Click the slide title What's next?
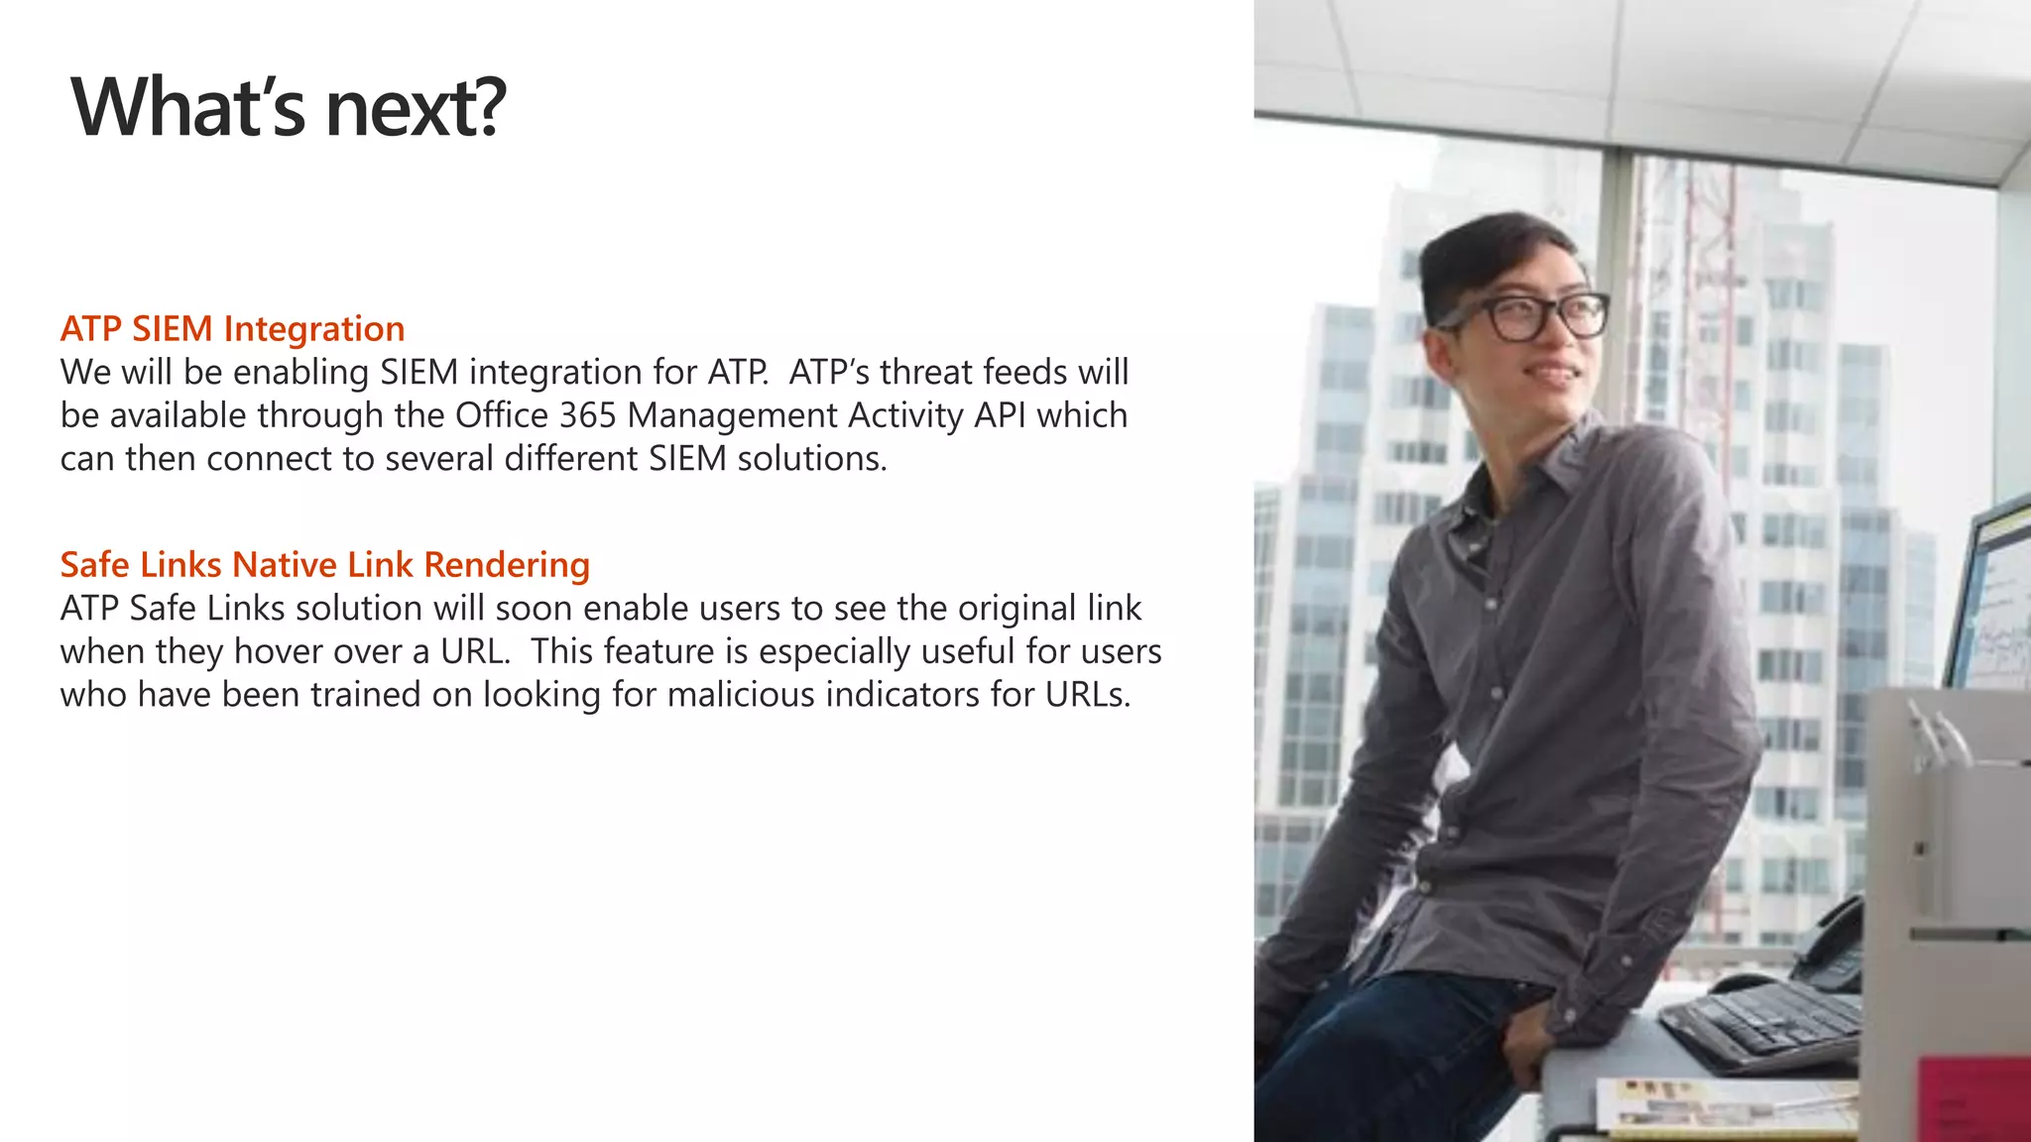click(289, 107)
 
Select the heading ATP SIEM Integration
click(232, 328)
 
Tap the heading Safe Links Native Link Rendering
click(324, 564)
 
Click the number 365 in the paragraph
click(588, 415)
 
